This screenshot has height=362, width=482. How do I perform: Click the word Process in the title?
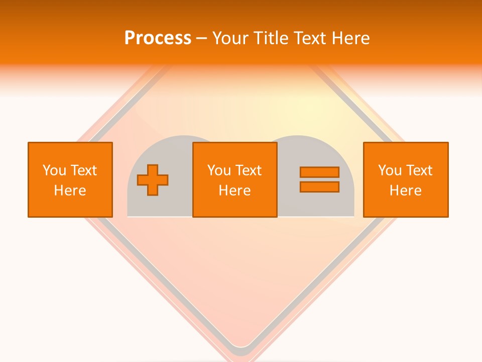click(158, 38)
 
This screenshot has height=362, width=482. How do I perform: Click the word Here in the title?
click(350, 38)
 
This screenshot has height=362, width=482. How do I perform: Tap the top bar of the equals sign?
click(319, 172)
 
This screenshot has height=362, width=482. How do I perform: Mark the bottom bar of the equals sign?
click(319, 187)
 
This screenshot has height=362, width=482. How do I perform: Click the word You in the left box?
click(54, 170)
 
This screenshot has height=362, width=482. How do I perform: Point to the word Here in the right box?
click(406, 191)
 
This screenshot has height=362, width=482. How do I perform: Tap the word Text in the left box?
click(84, 170)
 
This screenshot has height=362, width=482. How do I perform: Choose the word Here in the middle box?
click(235, 191)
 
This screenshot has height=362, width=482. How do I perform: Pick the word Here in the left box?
click(70, 191)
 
